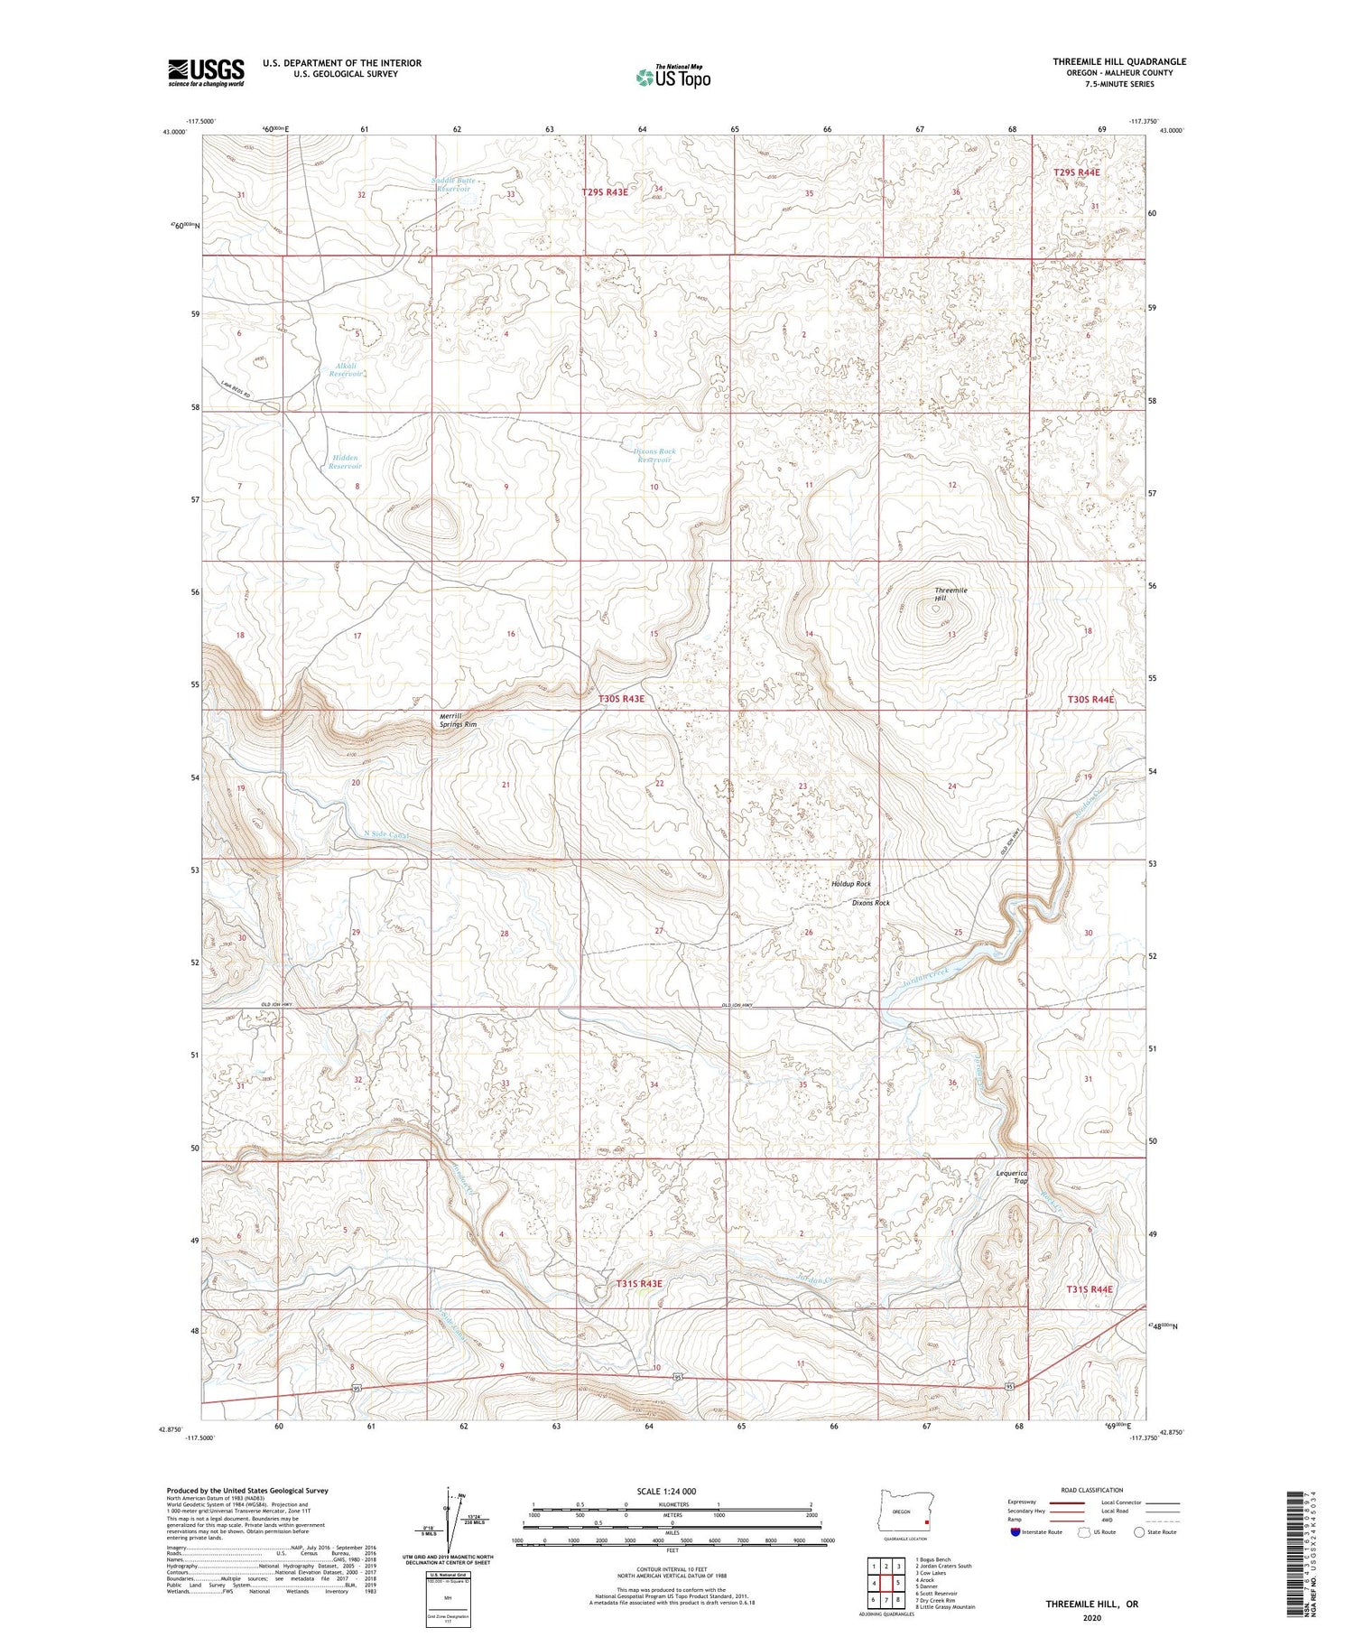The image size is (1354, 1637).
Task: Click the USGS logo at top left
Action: pos(206,72)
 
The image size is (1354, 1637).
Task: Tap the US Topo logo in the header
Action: pos(672,77)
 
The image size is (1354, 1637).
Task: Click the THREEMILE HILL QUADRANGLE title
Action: pos(1118,61)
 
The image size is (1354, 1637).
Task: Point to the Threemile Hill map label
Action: pos(951,593)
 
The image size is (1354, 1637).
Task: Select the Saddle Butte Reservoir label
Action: pos(453,184)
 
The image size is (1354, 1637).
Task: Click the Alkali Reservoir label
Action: pos(346,369)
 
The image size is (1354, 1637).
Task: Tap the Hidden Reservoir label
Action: pos(345,461)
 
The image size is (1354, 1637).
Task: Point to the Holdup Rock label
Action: pos(850,884)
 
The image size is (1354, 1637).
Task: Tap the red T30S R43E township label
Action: pos(622,698)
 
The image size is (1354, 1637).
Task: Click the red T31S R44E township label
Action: pos(1090,1288)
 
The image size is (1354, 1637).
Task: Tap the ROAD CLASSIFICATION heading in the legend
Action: pos(1091,1490)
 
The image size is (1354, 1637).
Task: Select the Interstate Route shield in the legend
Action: pos(1016,1532)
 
